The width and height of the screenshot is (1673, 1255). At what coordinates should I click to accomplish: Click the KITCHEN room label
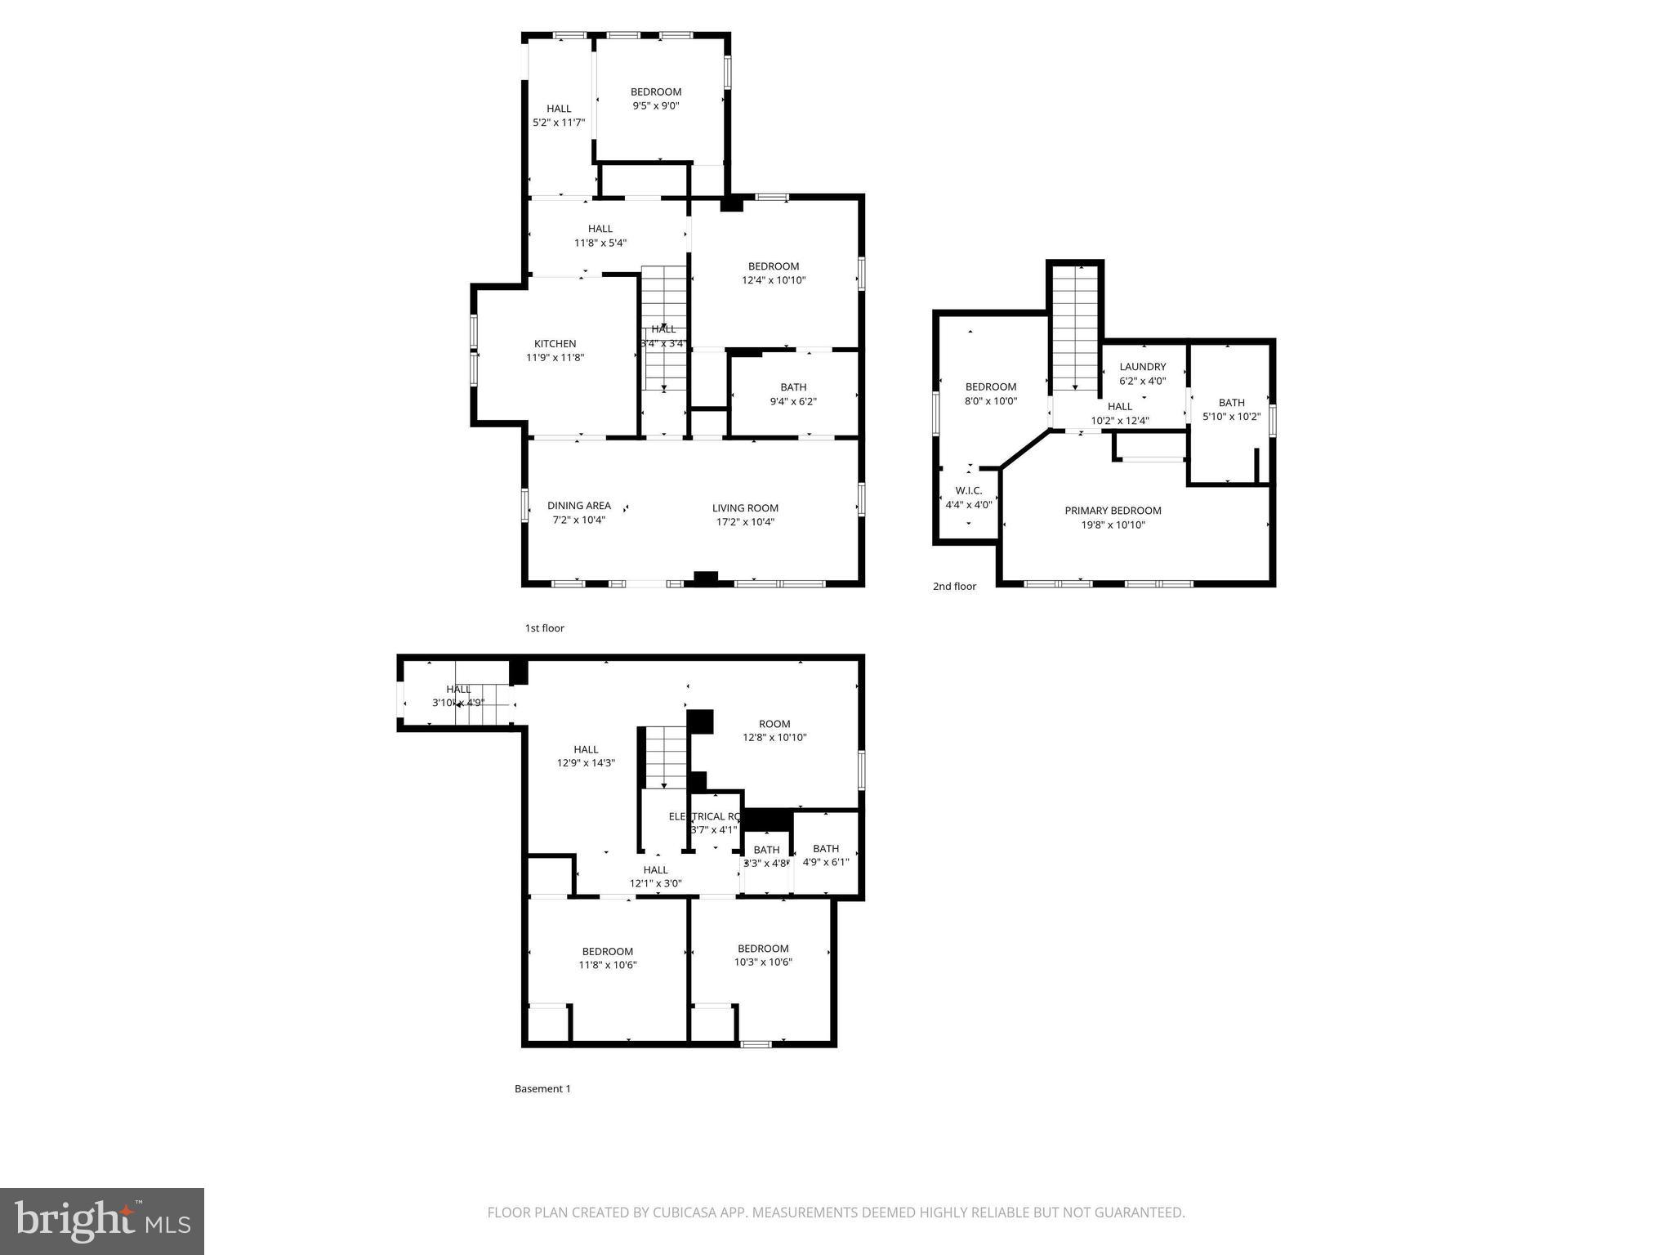[x=555, y=344]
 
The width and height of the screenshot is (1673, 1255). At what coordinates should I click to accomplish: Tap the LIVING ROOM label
[x=744, y=508]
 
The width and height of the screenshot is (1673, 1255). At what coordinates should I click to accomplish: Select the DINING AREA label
[x=578, y=506]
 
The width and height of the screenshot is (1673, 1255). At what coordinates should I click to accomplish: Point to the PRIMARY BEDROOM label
[x=1112, y=511]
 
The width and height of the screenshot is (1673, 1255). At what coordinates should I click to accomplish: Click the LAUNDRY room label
[x=1142, y=367]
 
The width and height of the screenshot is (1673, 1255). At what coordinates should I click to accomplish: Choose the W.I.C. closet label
[x=968, y=490]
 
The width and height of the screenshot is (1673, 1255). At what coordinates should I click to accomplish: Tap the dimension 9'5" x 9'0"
[x=655, y=106]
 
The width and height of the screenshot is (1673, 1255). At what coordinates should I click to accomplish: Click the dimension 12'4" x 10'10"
[x=773, y=280]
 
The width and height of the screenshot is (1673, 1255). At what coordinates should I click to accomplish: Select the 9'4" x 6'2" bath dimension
[x=792, y=401]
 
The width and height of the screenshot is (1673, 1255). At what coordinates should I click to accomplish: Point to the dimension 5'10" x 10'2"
[x=1231, y=417]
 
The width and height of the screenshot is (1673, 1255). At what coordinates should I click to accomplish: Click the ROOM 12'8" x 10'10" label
[x=774, y=724]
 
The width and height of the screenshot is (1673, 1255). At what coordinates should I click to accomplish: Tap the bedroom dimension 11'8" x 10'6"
[x=607, y=965]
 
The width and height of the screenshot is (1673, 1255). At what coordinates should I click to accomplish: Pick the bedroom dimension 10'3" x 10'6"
[x=762, y=962]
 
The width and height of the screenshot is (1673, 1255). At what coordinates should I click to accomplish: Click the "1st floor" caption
[x=544, y=628]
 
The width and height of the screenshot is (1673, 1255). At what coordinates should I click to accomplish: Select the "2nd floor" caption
[x=954, y=586]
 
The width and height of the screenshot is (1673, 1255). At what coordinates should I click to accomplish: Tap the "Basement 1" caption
[x=542, y=1088]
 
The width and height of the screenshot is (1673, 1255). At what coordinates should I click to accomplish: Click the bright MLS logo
[x=102, y=1221]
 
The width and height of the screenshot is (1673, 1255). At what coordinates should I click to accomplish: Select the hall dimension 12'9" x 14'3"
[x=585, y=763]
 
